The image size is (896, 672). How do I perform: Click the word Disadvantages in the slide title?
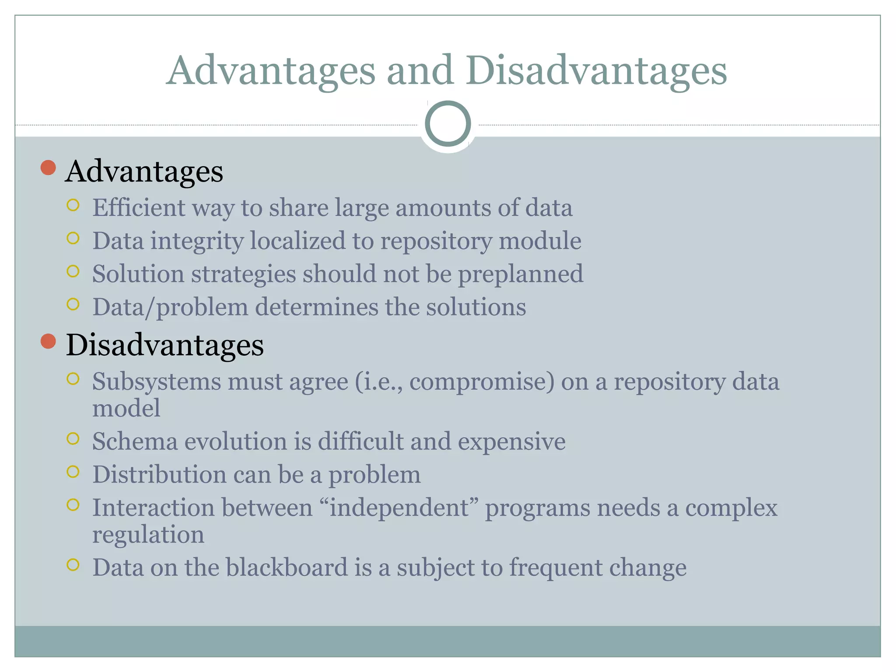tap(596, 71)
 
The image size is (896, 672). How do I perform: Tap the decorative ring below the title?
tap(448, 124)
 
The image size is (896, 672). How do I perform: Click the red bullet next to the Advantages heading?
tap(48, 168)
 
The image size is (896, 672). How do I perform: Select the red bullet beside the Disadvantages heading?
tap(48, 341)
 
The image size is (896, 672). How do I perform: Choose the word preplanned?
tap(521, 274)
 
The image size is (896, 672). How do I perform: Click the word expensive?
tap(511, 442)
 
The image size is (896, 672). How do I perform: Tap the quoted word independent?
tap(399, 508)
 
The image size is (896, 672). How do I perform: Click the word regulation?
tap(148, 535)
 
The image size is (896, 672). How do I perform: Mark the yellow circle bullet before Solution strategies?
tap(73, 271)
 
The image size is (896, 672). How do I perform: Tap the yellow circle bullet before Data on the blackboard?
tap(73, 565)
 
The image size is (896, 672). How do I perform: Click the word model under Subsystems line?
tap(126, 409)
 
